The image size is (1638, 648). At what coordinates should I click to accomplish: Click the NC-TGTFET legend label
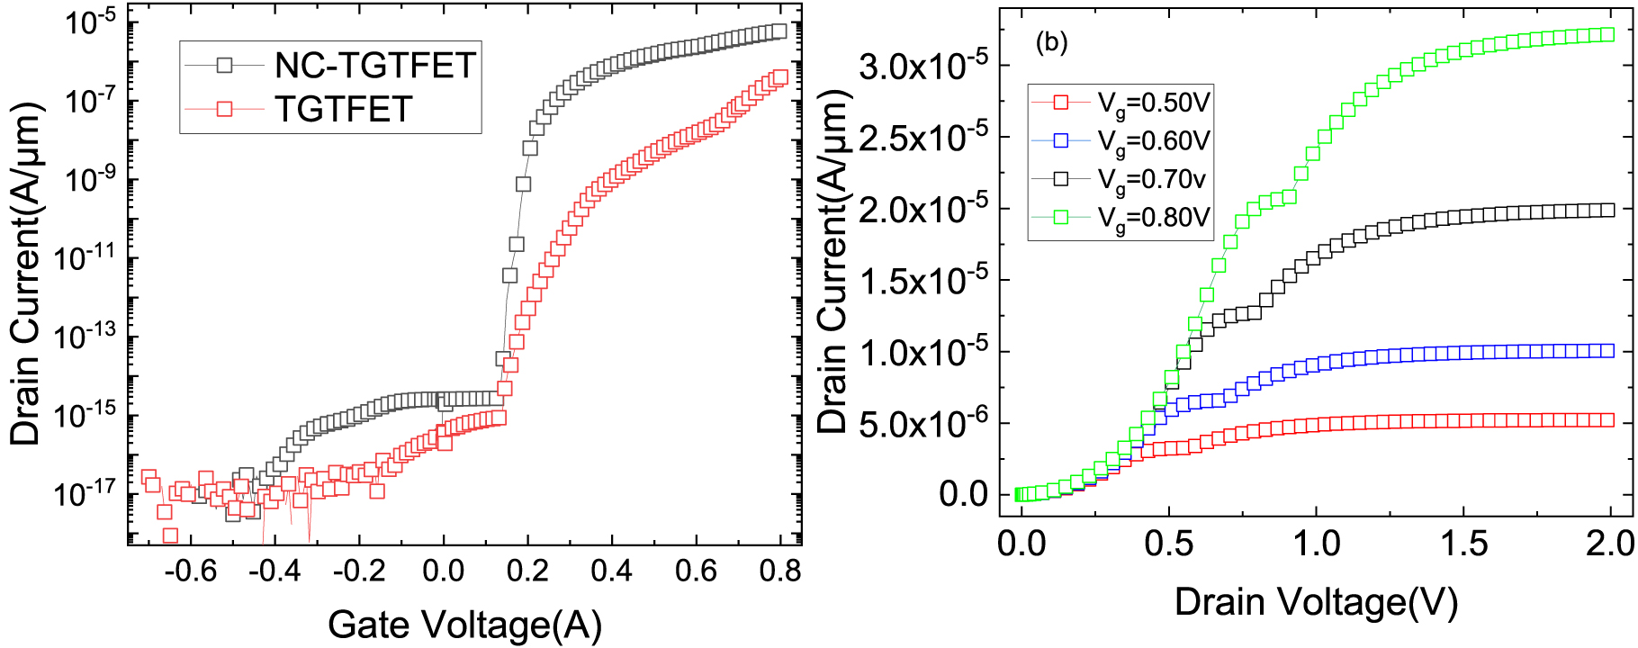[x=374, y=66]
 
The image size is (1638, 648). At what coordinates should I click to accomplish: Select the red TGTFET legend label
[x=343, y=109]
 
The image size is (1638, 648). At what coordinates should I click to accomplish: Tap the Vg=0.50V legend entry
[x=1153, y=103]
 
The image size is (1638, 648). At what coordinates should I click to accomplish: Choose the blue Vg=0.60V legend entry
[x=1153, y=141]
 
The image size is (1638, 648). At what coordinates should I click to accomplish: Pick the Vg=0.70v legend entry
[x=1151, y=179]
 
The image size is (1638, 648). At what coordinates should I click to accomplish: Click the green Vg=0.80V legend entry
[x=1153, y=218]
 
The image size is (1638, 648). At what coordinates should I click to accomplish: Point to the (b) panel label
[x=1051, y=42]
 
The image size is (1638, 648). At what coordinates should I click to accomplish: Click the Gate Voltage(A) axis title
[x=464, y=624]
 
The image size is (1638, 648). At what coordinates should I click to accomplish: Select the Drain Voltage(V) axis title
[x=1316, y=601]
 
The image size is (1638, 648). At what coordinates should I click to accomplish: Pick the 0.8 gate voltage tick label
[x=779, y=571]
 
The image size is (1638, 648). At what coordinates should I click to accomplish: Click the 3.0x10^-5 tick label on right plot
[x=922, y=66]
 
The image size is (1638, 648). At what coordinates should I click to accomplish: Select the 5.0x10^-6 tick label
[x=922, y=422]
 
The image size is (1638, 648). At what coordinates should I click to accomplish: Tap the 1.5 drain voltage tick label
[x=1462, y=544]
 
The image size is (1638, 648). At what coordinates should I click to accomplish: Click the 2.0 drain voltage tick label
[x=1609, y=544]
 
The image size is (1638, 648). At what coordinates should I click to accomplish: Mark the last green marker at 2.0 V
[x=1607, y=35]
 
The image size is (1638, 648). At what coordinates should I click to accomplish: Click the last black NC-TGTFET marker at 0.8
[x=779, y=31]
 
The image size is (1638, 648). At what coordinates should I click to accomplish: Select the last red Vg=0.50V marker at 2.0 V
[x=1607, y=420]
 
